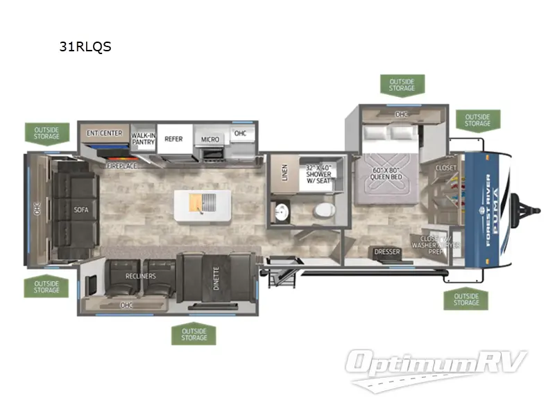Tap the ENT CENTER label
click(x=105, y=133)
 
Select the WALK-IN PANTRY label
click(x=143, y=139)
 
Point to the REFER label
click(x=173, y=139)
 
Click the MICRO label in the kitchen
click(x=210, y=139)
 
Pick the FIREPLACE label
click(x=121, y=166)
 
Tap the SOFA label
click(x=82, y=208)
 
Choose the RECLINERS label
click(x=142, y=276)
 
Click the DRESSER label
click(x=387, y=252)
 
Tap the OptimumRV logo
click(x=437, y=365)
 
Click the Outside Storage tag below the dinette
click(x=194, y=334)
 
